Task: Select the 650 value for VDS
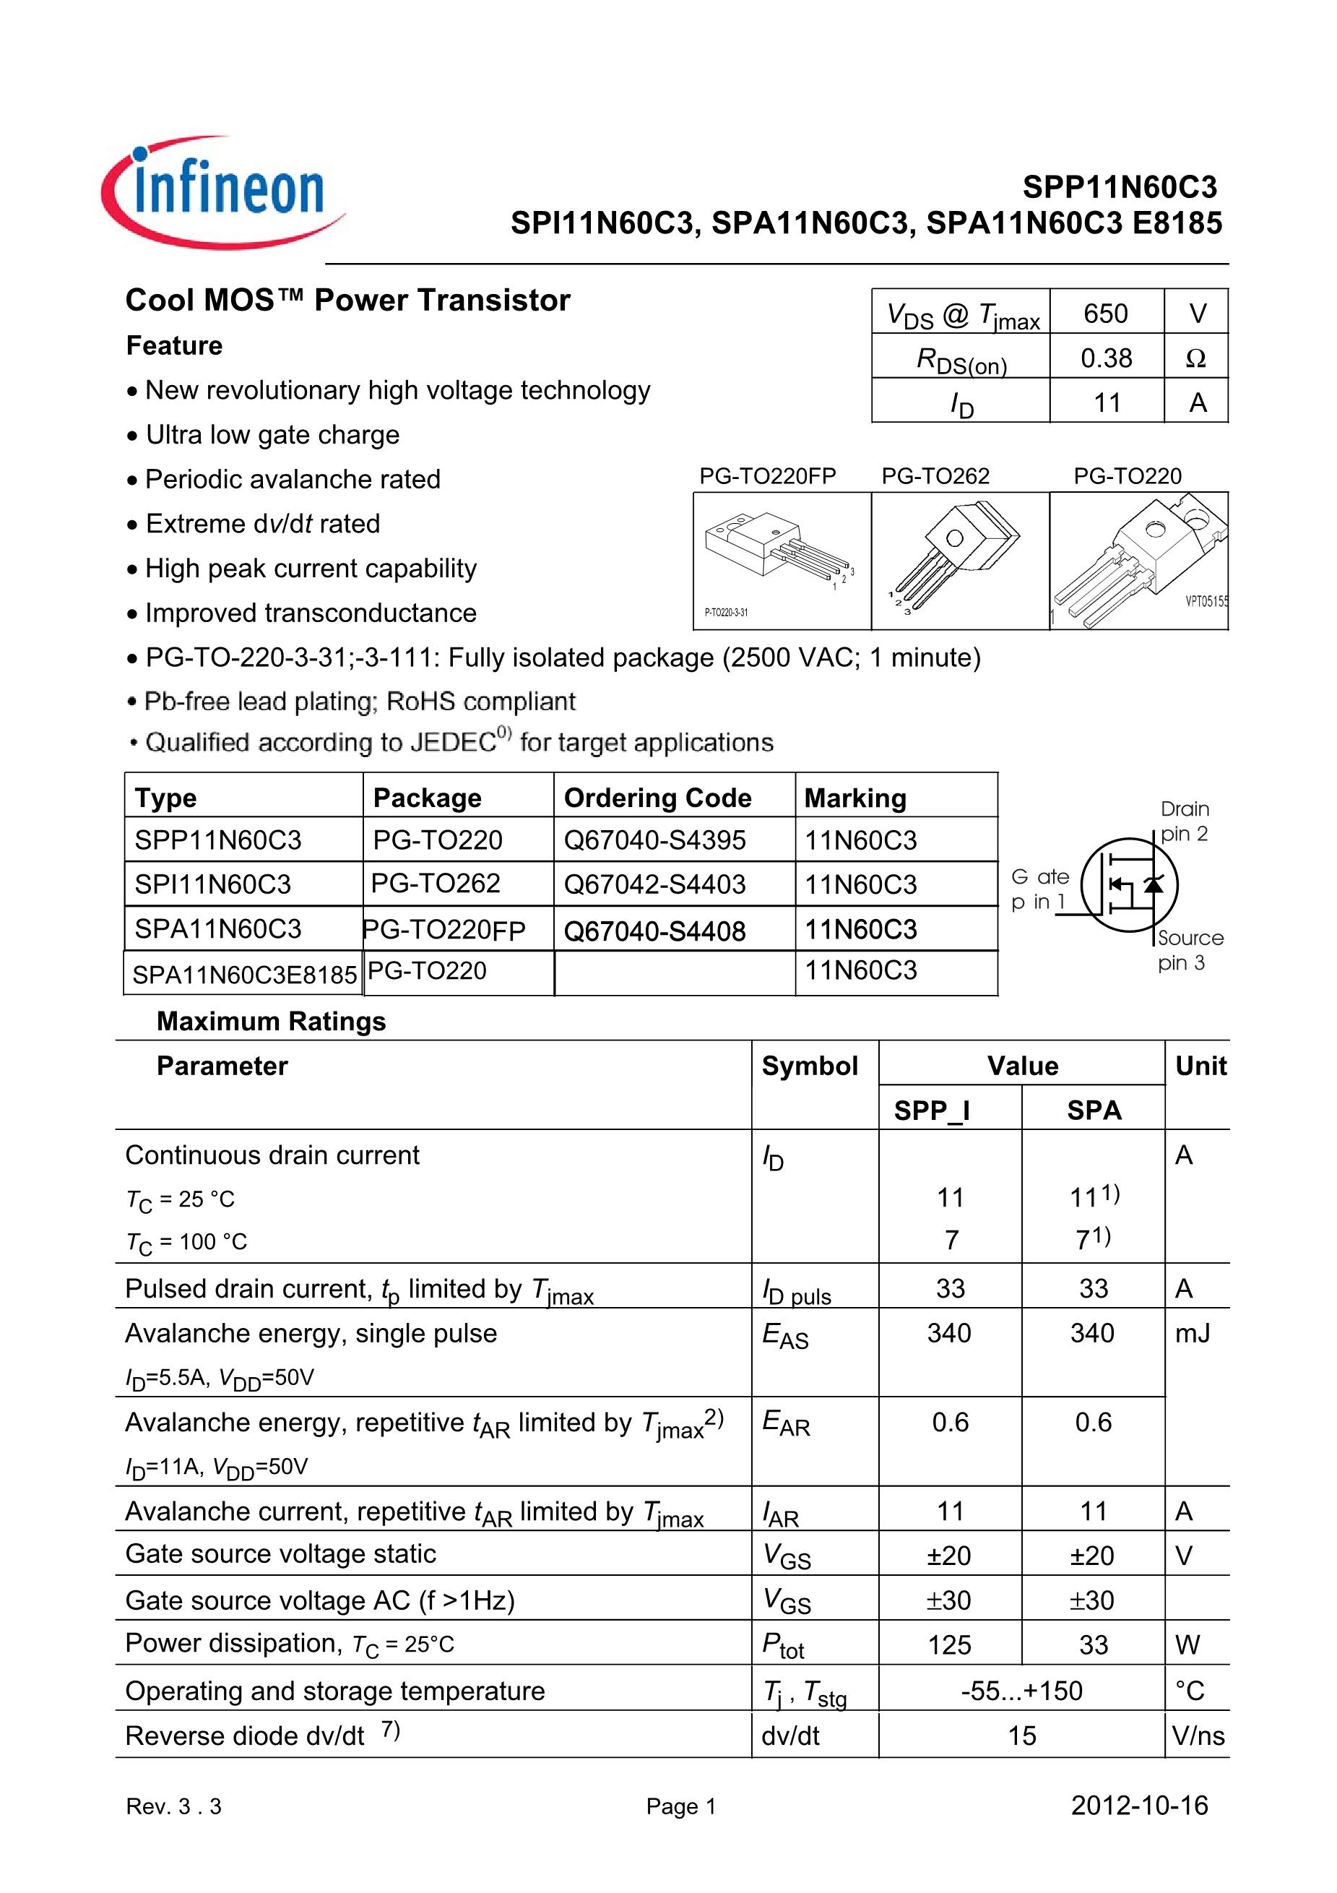(x=1105, y=314)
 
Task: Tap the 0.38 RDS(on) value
(x=1106, y=358)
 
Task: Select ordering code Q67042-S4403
(x=654, y=884)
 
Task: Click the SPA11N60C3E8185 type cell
(x=244, y=974)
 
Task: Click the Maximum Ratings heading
(x=271, y=1021)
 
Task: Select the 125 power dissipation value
(x=950, y=1645)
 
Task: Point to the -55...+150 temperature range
(x=1021, y=1691)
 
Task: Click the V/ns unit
(x=1198, y=1735)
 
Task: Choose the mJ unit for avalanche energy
(x=1192, y=1333)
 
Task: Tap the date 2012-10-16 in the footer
(x=1139, y=1806)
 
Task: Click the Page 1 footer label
(x=681, y=1806)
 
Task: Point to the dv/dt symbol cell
(x=789, y=1735)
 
